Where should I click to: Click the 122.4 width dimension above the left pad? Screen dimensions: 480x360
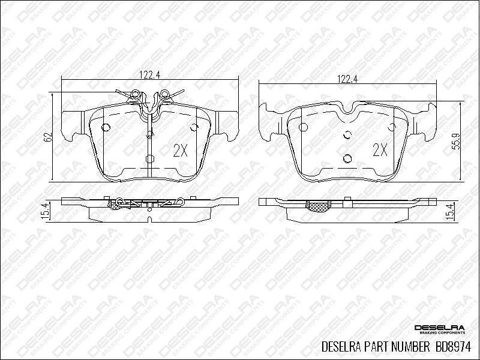tap(150, 74)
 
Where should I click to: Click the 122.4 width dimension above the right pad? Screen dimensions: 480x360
tap(347, 79)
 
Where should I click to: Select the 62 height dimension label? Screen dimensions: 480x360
tap(47, 137)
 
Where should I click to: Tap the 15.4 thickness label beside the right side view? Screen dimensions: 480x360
tap(456, 211)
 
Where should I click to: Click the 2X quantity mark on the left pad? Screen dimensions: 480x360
tap(181, 151)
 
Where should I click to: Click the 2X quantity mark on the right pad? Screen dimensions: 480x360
tap(380, 150)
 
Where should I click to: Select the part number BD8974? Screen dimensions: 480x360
tap(453, 347)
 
